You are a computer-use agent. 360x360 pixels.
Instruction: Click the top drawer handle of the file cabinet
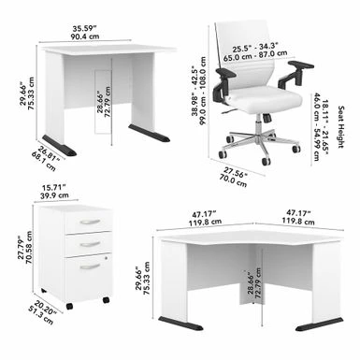click(x=91, y=223)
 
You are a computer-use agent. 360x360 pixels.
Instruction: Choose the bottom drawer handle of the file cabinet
click(x=91, y=266)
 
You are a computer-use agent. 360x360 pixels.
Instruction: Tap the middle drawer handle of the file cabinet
click(x=91, y=242)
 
